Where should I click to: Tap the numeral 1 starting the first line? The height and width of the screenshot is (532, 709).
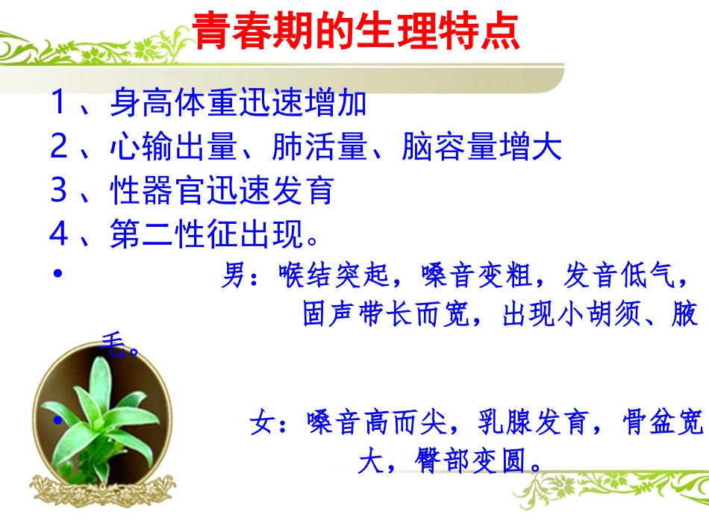tap(60, 103)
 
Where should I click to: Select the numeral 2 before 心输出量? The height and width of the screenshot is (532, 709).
tap(60, 147)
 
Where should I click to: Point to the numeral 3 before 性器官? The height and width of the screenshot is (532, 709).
tap(60, 191)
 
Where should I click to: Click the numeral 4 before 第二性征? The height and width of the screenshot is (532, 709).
tap(60, 234)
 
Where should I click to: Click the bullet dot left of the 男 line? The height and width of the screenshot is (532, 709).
tap(58, 274)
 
